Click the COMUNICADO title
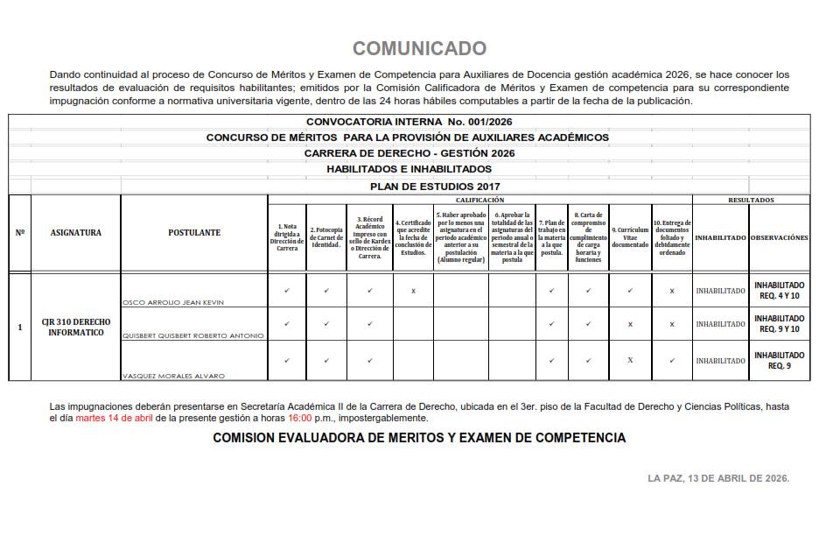[x=419, y=48]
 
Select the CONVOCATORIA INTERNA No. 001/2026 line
[x=409, y=122]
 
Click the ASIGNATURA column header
[x=75, y=233]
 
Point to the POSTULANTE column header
[x=193, y=233]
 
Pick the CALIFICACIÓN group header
[x=479, y=200]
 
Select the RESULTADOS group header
[x=751, y=200]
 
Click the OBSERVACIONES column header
[x=779, y=237]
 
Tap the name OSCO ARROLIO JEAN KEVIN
[x=173, y=302]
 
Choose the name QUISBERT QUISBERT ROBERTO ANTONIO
[x=192, y=335]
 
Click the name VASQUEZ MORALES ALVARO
[x=173, y=376]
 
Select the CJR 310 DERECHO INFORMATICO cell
[x=75, y=328]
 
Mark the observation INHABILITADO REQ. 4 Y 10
[x=779, y=290]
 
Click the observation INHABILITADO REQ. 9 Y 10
[x=779, y=324]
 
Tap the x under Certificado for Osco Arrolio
[x=413, y=291]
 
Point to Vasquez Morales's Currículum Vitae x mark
[x=630, y=360]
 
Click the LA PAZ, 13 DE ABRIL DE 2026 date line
[x=718, y=478]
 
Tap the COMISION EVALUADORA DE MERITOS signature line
[x=419, y=438]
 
